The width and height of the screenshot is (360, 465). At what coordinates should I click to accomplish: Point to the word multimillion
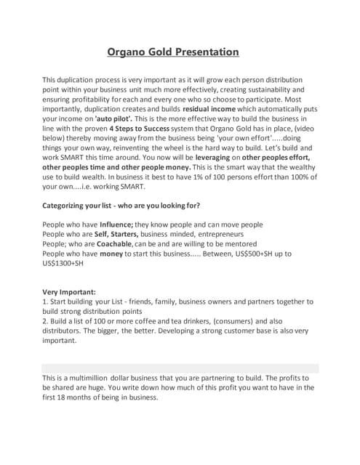point(92,378)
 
